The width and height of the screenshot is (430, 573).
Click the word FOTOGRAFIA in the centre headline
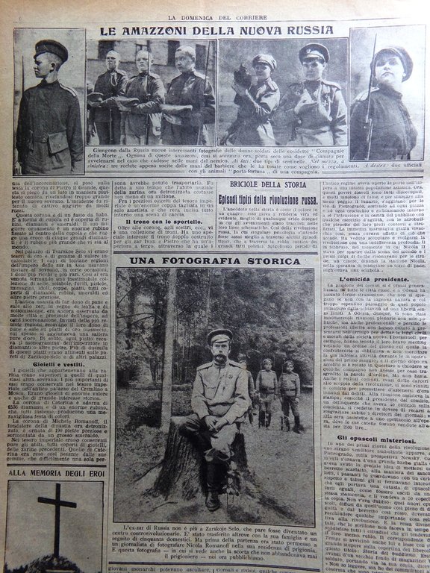(x=215, y=260)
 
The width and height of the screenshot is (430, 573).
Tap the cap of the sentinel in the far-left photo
(x=50, y=50)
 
